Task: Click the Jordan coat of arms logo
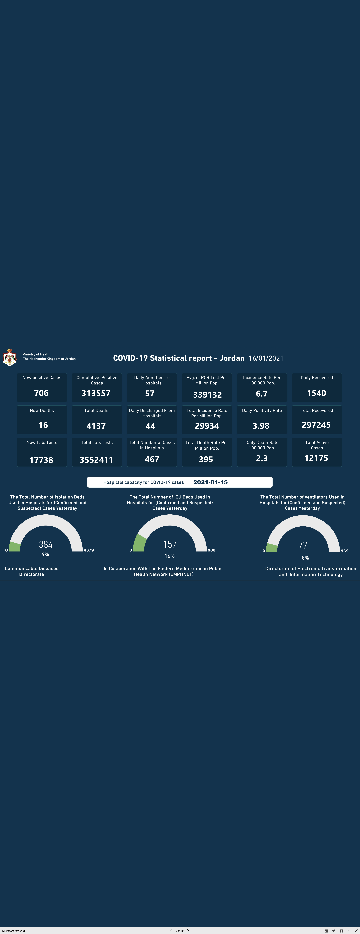pos(9,357)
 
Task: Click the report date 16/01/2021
pos(266,358)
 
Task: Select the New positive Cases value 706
pos(41,393)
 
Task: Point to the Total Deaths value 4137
pos(96,426)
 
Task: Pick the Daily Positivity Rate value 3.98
pos(261,426)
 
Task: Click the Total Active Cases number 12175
pos(316,458)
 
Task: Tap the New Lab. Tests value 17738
pos(41,460)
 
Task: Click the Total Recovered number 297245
pos(316,425)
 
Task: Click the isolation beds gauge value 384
pos(46,544)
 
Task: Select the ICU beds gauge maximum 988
pos(211,550)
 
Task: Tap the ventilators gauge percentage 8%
pos(305,558)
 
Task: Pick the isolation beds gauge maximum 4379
pos(89,550)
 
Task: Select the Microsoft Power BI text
pos(13,931)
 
